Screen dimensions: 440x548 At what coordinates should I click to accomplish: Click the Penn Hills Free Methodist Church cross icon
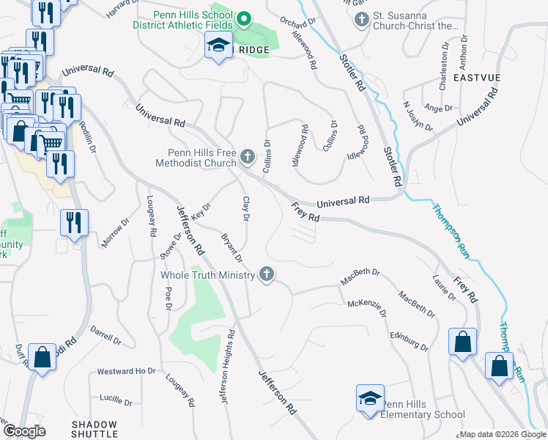(x=248, y=156)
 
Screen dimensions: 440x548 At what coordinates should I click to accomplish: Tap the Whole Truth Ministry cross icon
(x=267, y=274)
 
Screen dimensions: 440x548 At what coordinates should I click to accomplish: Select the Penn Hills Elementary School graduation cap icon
(x=370, y=399)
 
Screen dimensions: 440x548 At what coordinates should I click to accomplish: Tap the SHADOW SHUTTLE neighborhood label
(x=94, y=429)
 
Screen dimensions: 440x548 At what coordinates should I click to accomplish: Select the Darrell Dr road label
(x=105, y=336)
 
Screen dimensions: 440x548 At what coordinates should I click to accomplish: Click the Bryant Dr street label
(x=231, y=247)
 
